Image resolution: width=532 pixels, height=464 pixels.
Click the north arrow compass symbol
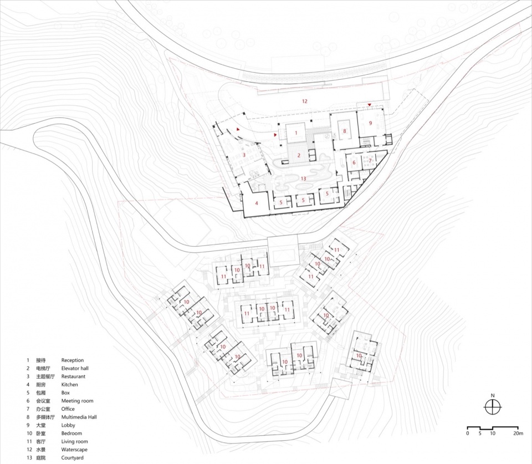[493, 407]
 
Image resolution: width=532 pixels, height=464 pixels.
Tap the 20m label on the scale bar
[518, 433]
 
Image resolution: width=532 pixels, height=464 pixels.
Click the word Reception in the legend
[72, 360]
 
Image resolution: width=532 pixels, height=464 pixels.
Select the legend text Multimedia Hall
[79, 417]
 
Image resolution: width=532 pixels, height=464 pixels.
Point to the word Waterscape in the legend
[74, 450]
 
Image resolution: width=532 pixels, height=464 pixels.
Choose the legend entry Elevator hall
[75, 368]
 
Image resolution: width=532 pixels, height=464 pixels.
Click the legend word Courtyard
[72, 457]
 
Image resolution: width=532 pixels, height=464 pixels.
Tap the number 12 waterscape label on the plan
[304, 101]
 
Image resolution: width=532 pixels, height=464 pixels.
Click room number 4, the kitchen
[257, 203]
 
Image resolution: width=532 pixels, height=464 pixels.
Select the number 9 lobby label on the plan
[371, 123]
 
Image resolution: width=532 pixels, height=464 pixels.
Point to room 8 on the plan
[344, 131]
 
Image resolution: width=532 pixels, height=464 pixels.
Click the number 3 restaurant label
[244, 155]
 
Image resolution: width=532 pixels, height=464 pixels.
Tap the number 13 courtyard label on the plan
[303, 179]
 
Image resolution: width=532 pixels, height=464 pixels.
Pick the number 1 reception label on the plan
[296, 132]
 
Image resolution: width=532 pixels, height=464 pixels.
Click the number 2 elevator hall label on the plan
[299, 155]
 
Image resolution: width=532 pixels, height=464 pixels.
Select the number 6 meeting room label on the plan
[354, 162]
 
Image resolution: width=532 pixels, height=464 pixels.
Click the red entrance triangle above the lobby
[370, 105]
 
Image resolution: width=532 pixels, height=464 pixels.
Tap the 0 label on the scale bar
[468, 433]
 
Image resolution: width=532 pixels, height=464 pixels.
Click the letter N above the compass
[493, 395]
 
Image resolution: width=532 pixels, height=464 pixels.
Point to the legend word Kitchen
[70, 385]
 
